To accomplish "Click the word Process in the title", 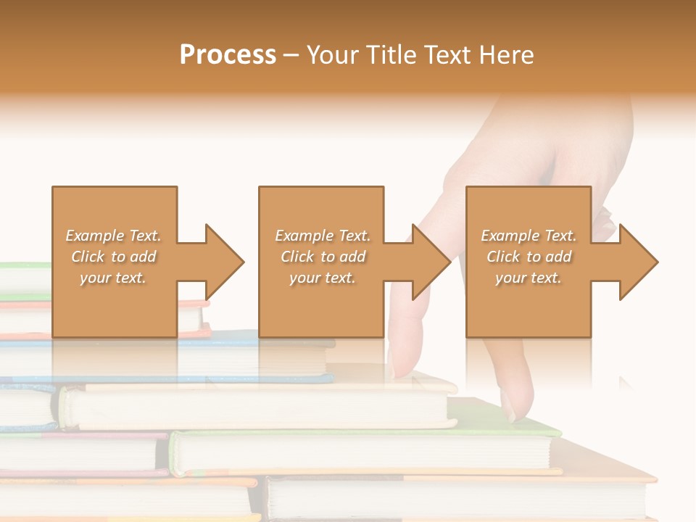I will click(228, 55).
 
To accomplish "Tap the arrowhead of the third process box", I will click(639, 261).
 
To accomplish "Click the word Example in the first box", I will click(95, 236).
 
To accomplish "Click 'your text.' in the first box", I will click(113, 278).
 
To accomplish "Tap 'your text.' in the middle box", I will click(323, 278).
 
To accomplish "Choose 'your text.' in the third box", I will click(529, 278).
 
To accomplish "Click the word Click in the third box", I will click(503, 257).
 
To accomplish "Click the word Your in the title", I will click(330, 55).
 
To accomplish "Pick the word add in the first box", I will click(143, 257).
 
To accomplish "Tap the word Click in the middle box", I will click(297, 257).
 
